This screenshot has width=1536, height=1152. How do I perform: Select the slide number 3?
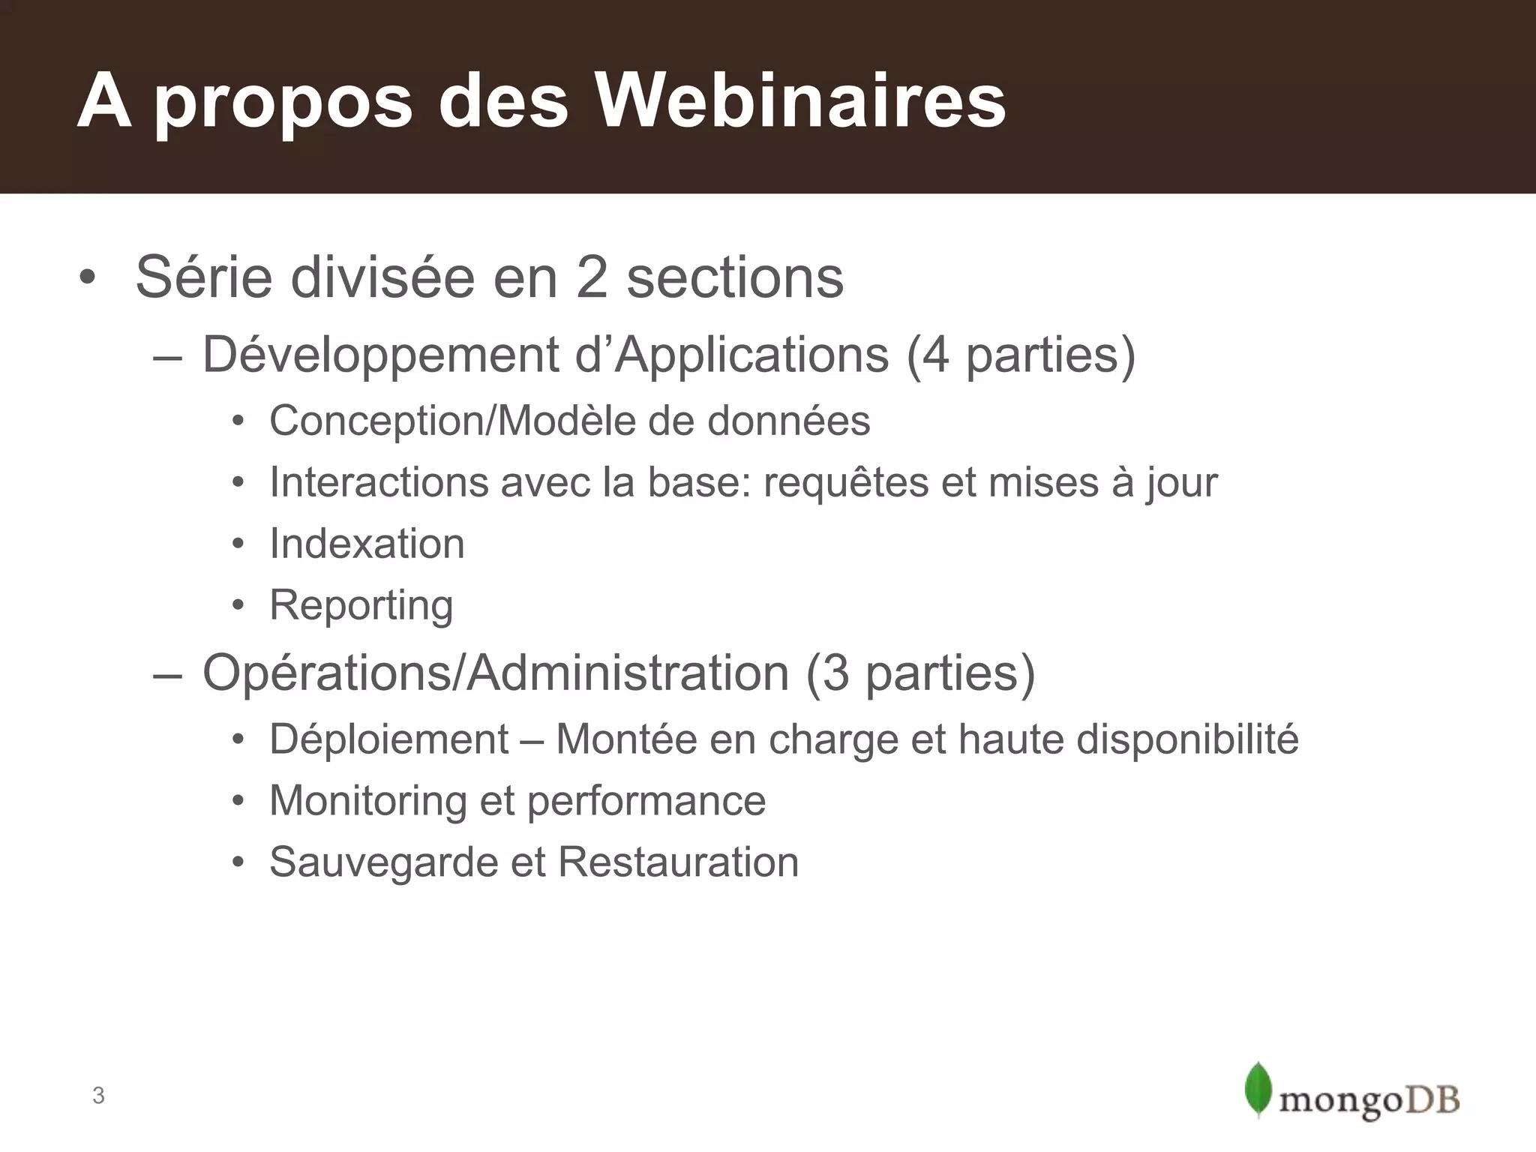pyautogui.click(x=98, y=1096)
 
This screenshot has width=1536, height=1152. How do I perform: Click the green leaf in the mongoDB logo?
pyautogui.click(x=1258, y=1089)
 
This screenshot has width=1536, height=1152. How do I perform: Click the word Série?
pyautogui.click(x=204, y=277)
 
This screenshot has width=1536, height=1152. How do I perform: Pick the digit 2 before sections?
pyautogui.click(x=592, y=277)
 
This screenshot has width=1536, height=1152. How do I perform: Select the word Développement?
pyautogui.click(x=381, y=355)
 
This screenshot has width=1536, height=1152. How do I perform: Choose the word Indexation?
pyautogui.click(x=367, y=544)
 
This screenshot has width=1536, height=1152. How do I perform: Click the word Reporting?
pyautogui.click(x=361, y=606)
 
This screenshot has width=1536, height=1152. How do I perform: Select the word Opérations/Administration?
pyautogui.click(x=496, y=673)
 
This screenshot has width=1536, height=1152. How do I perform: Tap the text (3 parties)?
pyautogui.click(x=920, y=673)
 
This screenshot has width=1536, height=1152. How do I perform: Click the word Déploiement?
pyautogui.click(x=389, y=739)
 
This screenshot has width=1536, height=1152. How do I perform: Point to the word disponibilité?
pyautogui.click(x=1187, y=739)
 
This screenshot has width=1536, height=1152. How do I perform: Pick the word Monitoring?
pyautogui.click(x=367, y=801)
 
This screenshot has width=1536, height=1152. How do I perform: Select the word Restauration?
pyautogui.click(x=678, y=862)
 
